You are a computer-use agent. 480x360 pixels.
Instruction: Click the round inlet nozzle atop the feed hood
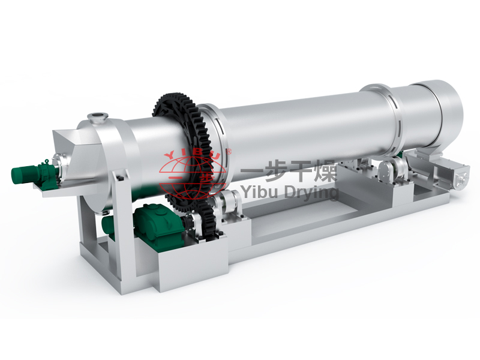click(98, 116)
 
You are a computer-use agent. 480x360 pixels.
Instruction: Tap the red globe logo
click(196, 176)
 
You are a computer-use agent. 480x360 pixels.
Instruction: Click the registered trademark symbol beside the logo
click(229, 151)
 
